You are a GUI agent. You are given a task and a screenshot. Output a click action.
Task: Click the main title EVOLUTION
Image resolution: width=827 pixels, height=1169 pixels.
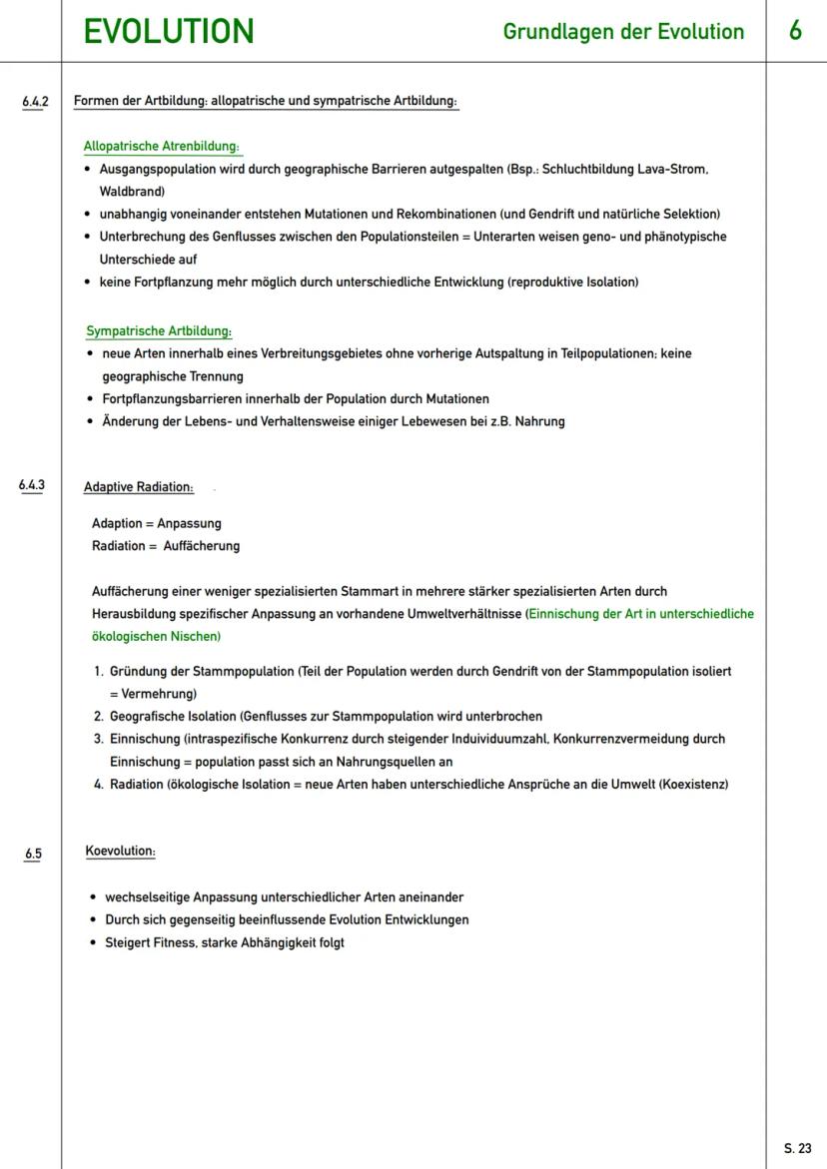click(169, 31)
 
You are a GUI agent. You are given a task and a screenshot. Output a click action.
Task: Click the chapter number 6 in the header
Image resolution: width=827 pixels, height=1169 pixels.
click(795, 31)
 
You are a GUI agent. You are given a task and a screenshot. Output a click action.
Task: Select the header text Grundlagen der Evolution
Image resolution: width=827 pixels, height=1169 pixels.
click(623, 32)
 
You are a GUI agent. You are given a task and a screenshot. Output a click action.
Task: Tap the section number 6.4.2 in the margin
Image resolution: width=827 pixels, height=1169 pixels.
click(36, 102)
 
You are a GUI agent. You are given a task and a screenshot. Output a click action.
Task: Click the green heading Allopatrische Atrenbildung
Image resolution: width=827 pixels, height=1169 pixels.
click(162, 147)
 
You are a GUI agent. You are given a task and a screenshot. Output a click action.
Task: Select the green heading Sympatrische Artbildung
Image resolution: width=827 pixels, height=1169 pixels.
click(159, 331)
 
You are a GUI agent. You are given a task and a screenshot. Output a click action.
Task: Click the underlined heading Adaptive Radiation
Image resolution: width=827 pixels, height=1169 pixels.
click(139, 487)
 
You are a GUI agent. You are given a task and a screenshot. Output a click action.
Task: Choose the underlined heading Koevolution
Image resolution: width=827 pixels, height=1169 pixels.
click(120, 852)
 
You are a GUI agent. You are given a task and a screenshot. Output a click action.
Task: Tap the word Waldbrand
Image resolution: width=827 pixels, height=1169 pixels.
click(132, 191)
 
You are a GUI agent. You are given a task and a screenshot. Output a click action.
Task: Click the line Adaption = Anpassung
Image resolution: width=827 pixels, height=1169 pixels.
click(157, 523)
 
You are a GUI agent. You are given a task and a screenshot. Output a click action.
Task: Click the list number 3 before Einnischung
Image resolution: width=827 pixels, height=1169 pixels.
click(99, 739)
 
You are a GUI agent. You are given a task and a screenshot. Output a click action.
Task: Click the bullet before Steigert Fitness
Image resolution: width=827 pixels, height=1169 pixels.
click(92, 942)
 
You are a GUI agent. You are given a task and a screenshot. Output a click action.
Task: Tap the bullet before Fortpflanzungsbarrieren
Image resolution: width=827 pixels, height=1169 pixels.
click(90, 398)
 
